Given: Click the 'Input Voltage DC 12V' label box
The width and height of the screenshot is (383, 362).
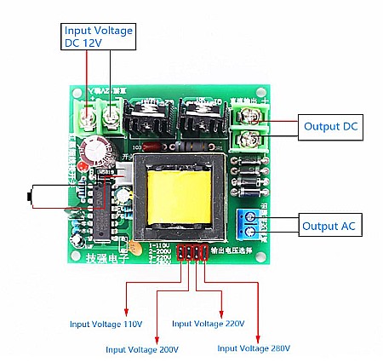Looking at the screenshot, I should pos(99,37).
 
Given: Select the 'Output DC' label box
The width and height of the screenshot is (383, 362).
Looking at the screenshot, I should pos(327,127).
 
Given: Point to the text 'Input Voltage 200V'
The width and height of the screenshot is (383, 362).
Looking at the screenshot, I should pos(142,348).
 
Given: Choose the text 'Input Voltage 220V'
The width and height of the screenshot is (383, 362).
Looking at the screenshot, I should pos(209,324).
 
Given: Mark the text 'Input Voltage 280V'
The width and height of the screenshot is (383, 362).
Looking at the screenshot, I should pos(254,348).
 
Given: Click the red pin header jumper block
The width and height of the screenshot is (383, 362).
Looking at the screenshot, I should pos(192,253).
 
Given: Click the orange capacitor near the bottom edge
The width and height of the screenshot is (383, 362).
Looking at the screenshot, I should pos(135,248).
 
